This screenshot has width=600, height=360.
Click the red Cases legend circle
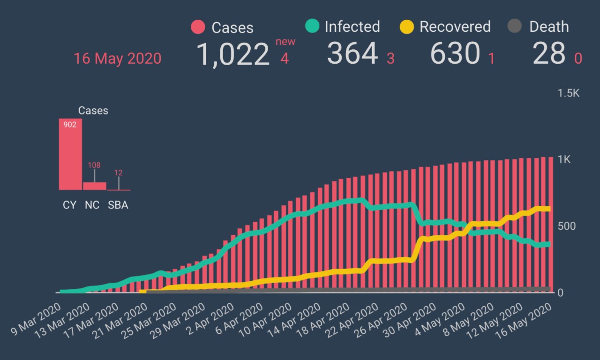click(198, 27)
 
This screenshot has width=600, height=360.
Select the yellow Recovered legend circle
click(406, 27)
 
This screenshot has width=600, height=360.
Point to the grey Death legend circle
click(515, 26)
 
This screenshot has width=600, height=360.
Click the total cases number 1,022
click(232, 54)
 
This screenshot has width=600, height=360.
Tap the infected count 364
click(352, 53)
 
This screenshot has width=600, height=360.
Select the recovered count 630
click(455, 53)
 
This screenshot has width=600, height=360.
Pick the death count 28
click(549, 53)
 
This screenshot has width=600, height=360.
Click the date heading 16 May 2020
click(117, 59)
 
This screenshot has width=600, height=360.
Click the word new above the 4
click(285, 42)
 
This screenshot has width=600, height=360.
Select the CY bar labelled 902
click(70, 155)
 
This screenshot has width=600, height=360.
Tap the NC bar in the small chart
click(95, 186)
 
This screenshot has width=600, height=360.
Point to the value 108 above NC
click(94, 165)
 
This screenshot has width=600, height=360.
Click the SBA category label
click(118, 205)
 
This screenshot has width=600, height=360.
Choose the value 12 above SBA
click(119, 172)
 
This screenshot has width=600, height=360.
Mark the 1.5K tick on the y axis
click(568, 93)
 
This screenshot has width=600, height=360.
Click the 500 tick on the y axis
click(567, 226)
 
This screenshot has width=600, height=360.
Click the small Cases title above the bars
click(93, 111)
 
